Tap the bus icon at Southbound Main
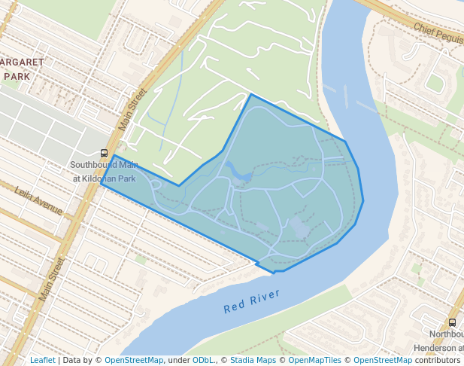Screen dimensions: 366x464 click(104, 153)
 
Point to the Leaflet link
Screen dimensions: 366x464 click(42, 361)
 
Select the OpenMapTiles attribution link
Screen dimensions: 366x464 click(314, 361)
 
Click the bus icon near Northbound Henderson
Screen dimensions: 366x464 click(452, 322)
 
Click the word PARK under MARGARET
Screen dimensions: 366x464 click(17, 76)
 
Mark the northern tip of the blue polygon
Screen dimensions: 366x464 click(250, 94)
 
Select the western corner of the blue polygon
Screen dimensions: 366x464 click(101, 182)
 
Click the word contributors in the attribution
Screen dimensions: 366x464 click(437, 361)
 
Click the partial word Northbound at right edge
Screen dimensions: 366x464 click(446, 334)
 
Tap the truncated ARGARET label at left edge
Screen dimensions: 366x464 click(23, 61)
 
